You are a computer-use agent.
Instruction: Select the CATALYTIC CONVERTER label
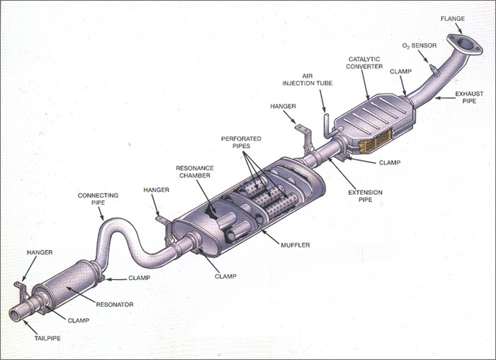pyautogui.click(x=366, y=62)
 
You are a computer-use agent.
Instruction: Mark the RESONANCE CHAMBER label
pyautogui.click(x=195, y=172)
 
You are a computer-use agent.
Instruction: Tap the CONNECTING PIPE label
pyautogui.click(x=98, y=198)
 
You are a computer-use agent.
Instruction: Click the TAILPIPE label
pyautogui.click(x=45, y=339)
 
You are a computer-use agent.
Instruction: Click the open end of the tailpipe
pyautogui.click(x=16, y=312)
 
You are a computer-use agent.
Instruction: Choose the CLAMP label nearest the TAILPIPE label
pyautogui.click(x=78, y=320)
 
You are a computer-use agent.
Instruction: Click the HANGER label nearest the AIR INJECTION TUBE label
pyautogui.click(x=283, y=106)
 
